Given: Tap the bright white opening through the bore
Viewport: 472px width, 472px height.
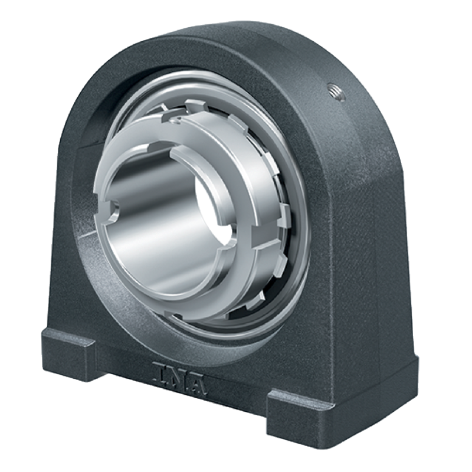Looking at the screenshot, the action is (216, 208).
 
